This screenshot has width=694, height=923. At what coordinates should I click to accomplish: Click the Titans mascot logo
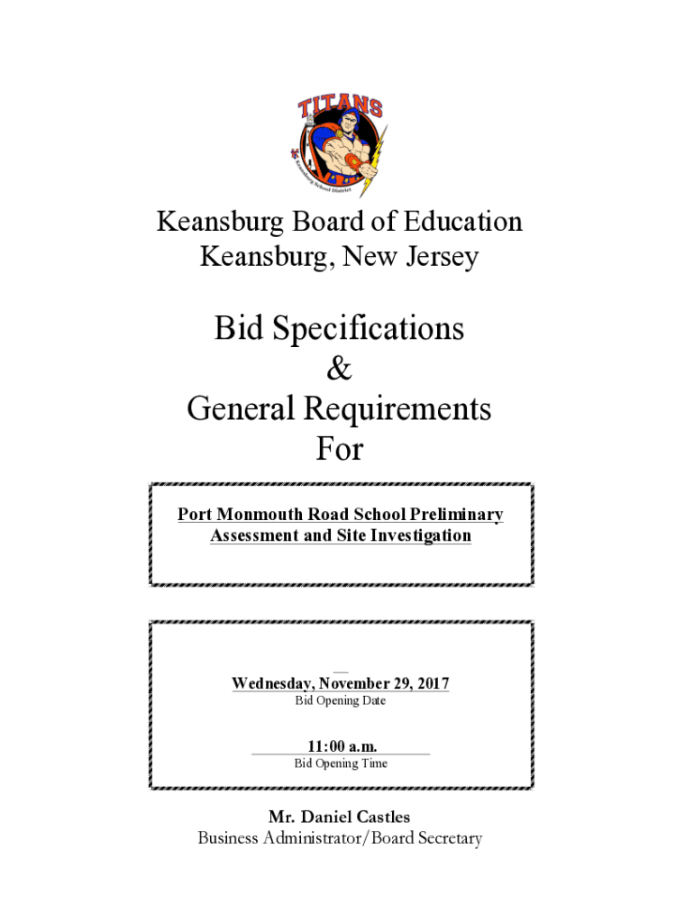click(x=340, y=145)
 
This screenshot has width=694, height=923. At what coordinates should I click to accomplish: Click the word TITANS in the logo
click(x=341, y=110)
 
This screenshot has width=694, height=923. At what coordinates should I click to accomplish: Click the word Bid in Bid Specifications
click(x=237, y=329)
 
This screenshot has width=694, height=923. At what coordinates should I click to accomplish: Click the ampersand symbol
click(x=339, y=370)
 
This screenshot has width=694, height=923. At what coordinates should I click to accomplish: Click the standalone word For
click(x=339, y=449)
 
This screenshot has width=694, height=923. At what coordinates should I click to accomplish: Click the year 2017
click(x=432, y=684)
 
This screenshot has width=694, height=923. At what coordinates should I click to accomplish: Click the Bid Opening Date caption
click(x=341, y=701)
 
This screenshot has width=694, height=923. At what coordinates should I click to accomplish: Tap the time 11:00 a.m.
click(x=341, y=746)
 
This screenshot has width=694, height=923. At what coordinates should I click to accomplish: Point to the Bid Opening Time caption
click(x=341, y=764)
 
